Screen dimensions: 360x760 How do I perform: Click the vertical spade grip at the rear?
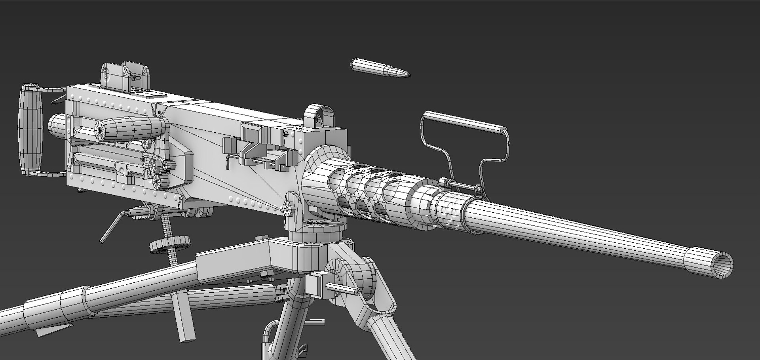click(29, 130)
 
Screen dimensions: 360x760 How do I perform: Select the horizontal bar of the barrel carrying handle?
click(465, 121)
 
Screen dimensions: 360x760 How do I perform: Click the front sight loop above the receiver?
click(319, 116)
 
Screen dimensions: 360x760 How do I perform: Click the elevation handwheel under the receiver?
click(169, 243)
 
